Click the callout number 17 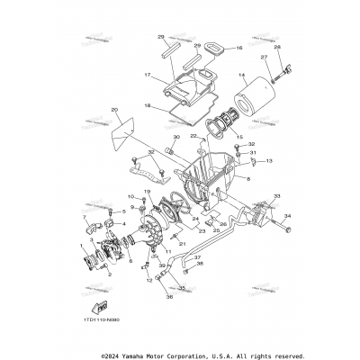point(148,76)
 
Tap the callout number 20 point(114,110)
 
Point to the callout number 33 point(276,195)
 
